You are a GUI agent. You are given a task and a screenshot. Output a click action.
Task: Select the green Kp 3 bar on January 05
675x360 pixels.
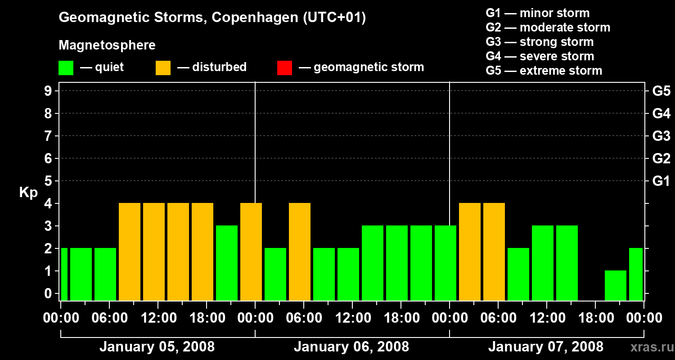[227, 263]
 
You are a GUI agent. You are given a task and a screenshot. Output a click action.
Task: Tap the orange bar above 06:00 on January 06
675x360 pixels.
[300, 252]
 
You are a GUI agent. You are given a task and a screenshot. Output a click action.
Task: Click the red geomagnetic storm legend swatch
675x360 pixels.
[284, 68]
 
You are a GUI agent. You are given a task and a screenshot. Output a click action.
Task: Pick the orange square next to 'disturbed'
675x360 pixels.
[163, 68]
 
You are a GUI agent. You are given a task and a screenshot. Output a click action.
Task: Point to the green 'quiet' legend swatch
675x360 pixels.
[66, 68]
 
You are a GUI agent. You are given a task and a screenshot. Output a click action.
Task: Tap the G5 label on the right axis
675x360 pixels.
[661, 91]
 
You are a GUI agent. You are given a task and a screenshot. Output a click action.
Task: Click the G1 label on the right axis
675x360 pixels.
[661, 181]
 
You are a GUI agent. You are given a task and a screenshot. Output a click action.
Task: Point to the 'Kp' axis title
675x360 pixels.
[28, 193]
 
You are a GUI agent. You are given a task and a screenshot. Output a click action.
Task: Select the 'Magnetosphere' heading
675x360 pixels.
[107, 45]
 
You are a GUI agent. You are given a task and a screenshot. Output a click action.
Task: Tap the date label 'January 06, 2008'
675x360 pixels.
[351, 347]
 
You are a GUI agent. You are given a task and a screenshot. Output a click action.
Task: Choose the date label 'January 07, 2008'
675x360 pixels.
[546, 347]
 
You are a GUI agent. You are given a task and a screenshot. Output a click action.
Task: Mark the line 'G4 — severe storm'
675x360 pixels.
[540, 56]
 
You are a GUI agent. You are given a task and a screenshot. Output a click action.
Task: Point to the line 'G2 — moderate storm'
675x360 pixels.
[548, 27]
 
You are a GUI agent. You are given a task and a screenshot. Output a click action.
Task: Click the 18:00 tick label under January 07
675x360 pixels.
[595, 318]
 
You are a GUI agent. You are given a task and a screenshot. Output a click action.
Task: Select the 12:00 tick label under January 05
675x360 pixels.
[157, 318]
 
